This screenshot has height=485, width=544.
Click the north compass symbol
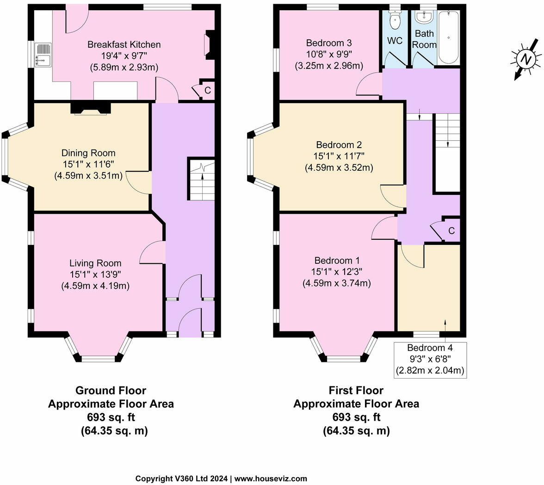click(525, 59)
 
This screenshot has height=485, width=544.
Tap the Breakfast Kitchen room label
click(124, 45)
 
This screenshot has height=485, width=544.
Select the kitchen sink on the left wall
click(43, 55)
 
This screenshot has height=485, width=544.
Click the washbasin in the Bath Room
click(423, 18)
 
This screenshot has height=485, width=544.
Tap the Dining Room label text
click(88, 153)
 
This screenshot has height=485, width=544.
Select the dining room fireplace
click(91, 108)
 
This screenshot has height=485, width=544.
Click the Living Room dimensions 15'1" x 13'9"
click(95, 275)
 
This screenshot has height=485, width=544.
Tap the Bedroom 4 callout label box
click(430, 359)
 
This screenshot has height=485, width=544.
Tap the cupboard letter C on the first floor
click(451, 231)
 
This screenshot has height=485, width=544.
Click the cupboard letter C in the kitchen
click(208, 91)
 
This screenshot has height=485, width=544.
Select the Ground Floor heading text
click(111, 390)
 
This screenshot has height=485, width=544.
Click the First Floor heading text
click(356, 390)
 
